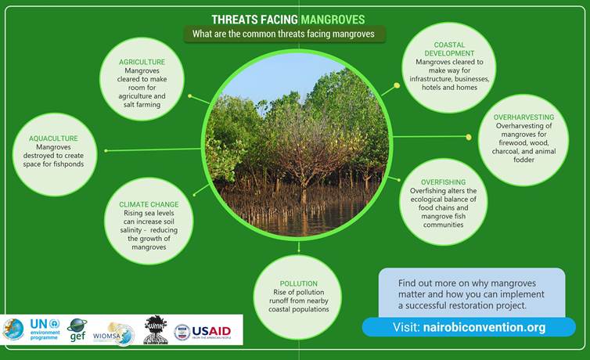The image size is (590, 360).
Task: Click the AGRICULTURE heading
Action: (x=142, y=61)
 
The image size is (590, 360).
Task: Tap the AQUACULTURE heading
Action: (x=54, y=139)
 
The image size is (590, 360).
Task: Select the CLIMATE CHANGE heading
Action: (x=149, y=204)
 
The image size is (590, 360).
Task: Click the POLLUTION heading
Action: (x=298, y=283)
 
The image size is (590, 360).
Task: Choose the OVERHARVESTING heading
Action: (x=523, y=117)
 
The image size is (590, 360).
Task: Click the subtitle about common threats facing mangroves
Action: (x=285, y=34)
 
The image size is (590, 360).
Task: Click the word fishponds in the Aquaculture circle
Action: (x=70, y=164)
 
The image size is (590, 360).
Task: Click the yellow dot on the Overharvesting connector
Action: (x=469, y=137)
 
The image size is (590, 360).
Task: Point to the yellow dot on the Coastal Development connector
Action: (x=397, y=85)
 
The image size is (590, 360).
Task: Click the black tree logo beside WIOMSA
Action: (x=156, y=330)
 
